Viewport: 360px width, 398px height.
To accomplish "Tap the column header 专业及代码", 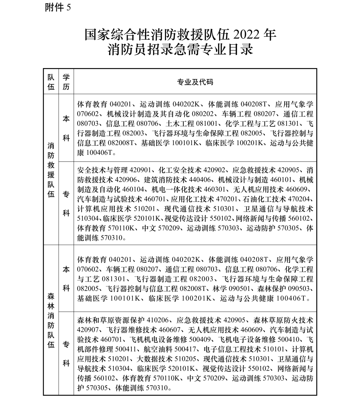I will (x=195, y=82).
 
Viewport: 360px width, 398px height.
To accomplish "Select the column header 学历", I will (x=66, y=82).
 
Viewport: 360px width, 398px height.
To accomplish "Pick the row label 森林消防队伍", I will (x=51, y=320).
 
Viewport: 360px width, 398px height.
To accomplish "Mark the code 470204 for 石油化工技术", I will (x=299, y=200).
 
